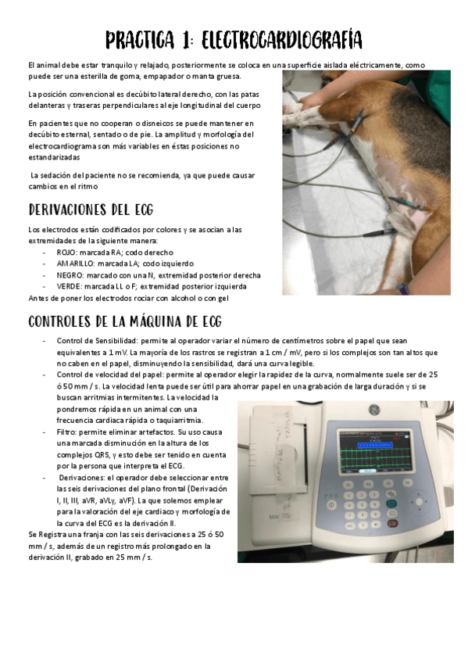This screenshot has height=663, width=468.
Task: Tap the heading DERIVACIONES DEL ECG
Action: click(91, 210)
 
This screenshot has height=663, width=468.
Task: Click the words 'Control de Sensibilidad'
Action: click(95, 341)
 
